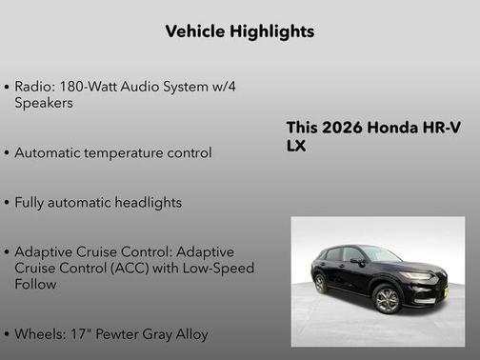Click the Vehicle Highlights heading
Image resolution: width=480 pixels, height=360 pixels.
239,31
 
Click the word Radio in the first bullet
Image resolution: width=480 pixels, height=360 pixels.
33,86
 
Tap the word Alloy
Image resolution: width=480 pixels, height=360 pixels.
190,334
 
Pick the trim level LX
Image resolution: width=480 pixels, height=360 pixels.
296,146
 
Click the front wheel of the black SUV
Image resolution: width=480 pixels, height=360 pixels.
388,300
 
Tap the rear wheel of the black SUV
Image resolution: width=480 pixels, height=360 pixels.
321,283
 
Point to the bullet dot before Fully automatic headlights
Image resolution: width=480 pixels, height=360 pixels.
8,204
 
